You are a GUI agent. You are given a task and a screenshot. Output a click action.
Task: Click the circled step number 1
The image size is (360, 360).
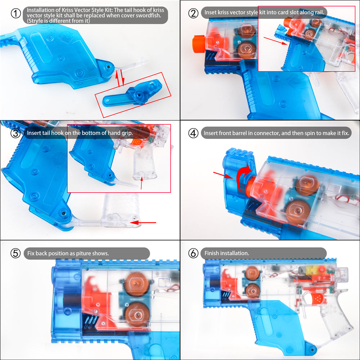click(x=16, y=13)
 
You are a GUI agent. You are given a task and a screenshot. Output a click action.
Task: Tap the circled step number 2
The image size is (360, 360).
click(x=193, y=13)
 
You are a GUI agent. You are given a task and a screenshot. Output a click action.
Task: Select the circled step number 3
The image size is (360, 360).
click(x=15, y=133)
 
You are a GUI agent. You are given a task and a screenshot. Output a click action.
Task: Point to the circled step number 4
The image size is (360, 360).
click(x=193, y=133)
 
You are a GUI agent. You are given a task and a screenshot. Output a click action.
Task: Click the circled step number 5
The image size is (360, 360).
click(x=15, y=253)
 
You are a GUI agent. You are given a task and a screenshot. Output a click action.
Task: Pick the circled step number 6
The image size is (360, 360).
click(x=193, y=253)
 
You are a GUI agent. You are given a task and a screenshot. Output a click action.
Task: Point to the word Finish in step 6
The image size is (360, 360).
click(x=211, y=253)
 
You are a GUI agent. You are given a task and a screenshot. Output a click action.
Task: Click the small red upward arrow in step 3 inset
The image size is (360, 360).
click(x=141, y=183)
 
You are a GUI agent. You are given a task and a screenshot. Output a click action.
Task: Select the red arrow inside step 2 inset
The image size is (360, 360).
click(x=275, y=41)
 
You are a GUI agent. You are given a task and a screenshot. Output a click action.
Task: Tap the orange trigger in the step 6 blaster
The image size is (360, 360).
click(x=316, y=299)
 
